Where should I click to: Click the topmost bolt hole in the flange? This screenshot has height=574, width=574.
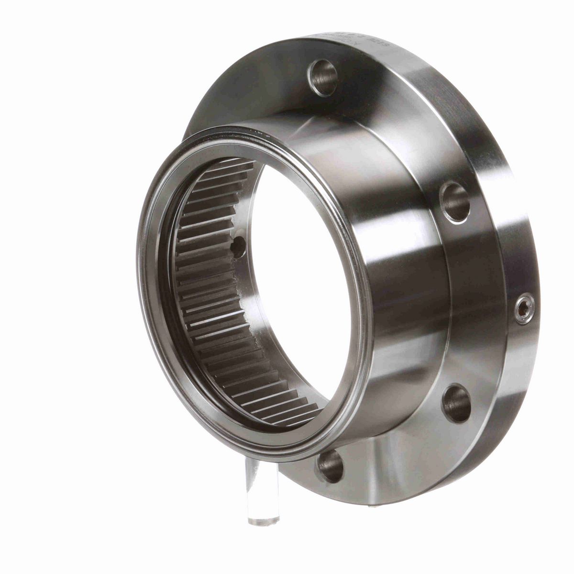point(322,77)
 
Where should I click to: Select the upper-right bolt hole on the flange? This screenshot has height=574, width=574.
point(455,201)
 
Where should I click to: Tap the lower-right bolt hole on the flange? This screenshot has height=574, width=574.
point(456,403)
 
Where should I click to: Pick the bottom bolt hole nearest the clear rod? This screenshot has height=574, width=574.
point(331,465)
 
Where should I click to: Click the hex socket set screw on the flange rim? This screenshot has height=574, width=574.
point(524,309)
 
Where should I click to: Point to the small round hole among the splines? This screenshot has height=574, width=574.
point(237,246)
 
